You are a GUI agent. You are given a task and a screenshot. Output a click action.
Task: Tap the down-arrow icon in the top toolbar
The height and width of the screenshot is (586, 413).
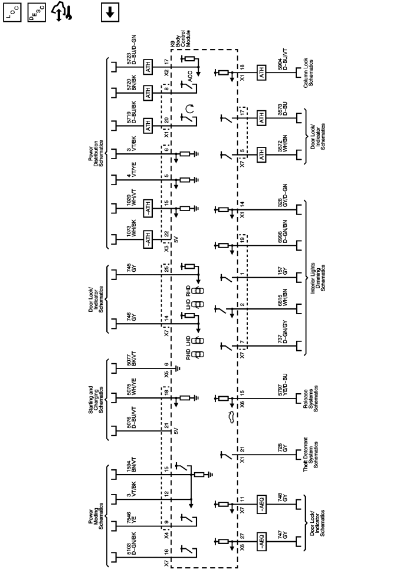(110, 12)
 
